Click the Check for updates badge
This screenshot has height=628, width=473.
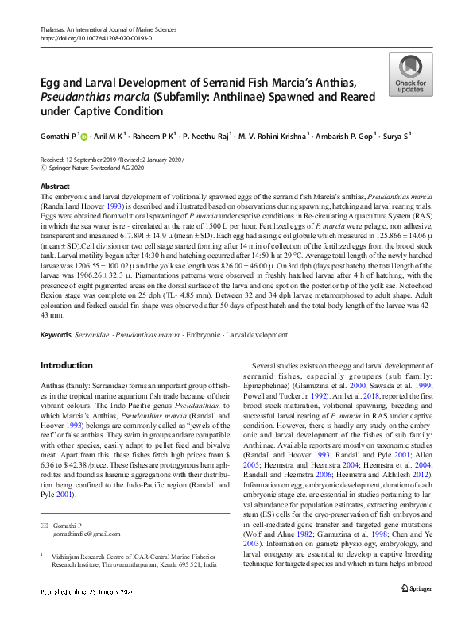point(409,75)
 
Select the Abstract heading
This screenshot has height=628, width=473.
point(56,185)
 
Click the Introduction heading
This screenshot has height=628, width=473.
point(66,365)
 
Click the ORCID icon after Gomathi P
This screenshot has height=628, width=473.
point(84,137)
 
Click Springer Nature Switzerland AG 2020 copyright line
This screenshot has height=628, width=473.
point(91,168)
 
